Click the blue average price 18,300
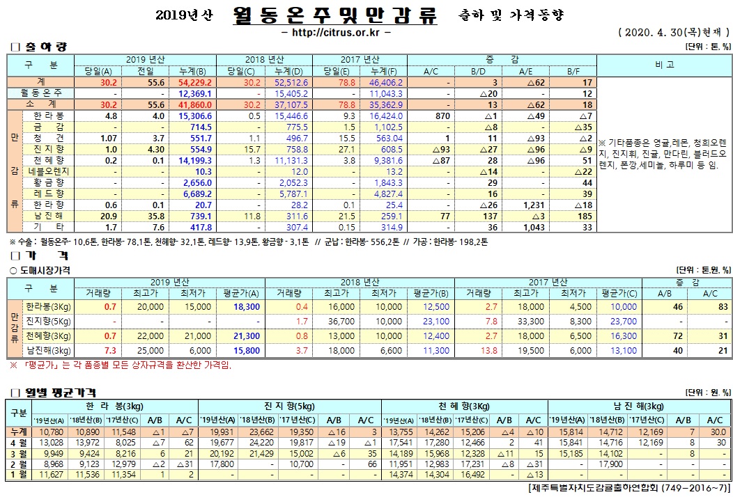coord(247,306)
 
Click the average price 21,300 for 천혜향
coord(247,336)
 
